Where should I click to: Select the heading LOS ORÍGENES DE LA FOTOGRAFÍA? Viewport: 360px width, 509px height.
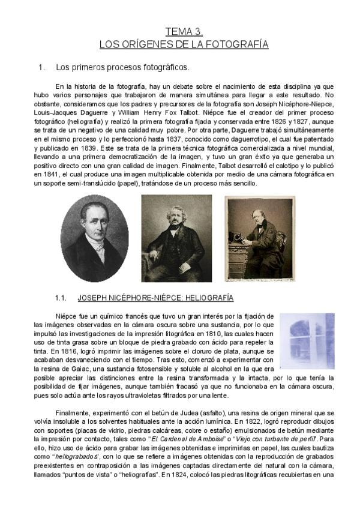pyautogui.click(x=184, y=44)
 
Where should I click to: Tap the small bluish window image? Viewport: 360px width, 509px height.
pyautogui.click(x=307, y=340)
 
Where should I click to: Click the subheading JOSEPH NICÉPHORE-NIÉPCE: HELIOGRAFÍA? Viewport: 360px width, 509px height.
pyautogui.click(x=155, y=298)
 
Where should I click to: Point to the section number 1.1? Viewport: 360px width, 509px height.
pyautogui.click(x=61, y=298)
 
